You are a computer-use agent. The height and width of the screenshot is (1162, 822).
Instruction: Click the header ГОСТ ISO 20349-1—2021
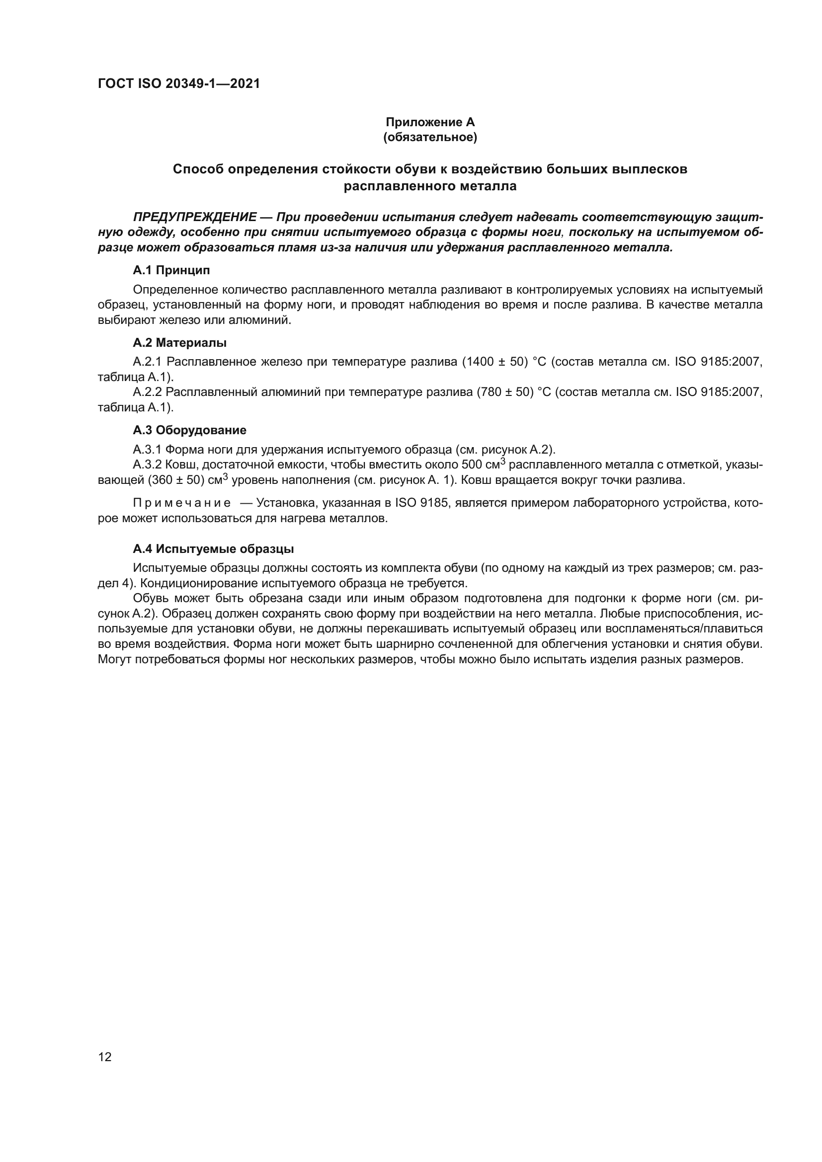(x=179, y=84)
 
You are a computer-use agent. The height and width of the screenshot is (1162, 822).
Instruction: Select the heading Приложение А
(x=430, y=122)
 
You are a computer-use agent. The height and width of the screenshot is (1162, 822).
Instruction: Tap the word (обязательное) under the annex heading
(x=430, y=138)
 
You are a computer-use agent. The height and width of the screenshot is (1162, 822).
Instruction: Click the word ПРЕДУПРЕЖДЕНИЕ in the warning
(x=195, y=217)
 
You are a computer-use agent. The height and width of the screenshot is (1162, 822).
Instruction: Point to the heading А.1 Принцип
(x=171, y=270)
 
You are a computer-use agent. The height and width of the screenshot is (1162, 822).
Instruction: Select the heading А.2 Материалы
(x=179, y=343)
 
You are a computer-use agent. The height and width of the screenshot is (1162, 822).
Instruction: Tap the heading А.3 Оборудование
(x=189, y=430)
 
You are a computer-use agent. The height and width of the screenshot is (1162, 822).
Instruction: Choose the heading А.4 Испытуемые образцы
(x=213, y=549)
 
